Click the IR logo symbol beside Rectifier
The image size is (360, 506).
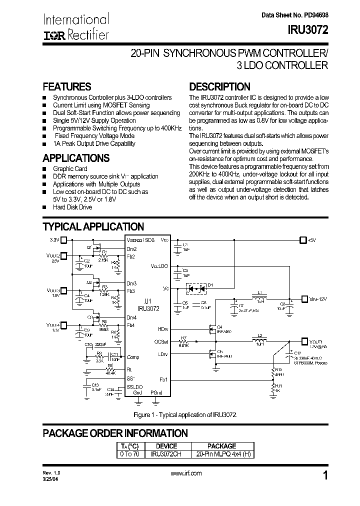[52, 35]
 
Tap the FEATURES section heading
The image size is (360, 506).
[67, 86]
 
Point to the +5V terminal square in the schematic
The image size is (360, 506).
[302, 240]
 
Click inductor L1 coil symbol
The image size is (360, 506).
[259, 298]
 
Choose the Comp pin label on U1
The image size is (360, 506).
[133, 357]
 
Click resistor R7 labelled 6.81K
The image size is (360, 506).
[183, 341]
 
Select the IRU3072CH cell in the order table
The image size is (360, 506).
[166, 454]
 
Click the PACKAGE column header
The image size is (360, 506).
[221, 446]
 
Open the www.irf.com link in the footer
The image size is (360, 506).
[186, 473]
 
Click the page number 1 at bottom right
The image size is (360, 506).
[325, 476]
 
